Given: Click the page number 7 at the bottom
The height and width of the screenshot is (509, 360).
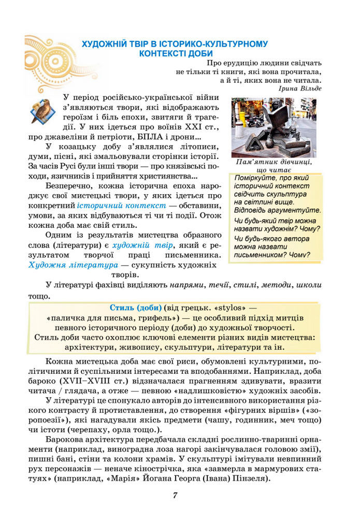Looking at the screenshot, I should click(176, 495).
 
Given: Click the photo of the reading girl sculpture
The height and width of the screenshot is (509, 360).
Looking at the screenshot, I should click(273, 127).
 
